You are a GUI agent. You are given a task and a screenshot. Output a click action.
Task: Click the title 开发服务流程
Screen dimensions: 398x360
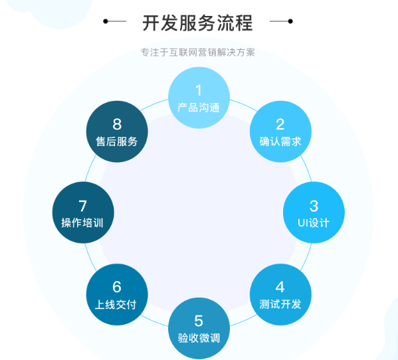(x=197, y=23)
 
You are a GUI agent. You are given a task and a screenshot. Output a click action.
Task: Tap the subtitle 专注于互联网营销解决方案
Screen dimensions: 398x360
(x=198, y=52)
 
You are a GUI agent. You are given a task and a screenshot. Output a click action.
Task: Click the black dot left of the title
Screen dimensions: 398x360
(x=106, y=21)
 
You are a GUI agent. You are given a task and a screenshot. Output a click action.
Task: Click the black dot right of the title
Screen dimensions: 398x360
(x=290, y=21)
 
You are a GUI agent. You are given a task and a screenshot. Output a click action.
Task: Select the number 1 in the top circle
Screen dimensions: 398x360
(x=199, y=90)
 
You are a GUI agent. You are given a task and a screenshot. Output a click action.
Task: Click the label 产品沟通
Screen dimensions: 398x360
(x=199, y=108)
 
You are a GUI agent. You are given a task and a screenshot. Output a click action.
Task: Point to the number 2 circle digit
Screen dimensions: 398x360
(x=280, y=124)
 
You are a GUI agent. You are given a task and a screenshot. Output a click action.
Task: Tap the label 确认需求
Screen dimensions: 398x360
(x=280, y=141)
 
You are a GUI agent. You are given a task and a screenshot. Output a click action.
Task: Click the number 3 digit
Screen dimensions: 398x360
(x=314, y=206)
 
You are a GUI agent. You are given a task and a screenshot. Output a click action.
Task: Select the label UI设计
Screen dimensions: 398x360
(x=314, y=223)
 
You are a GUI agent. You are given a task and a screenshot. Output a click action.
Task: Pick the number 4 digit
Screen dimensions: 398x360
(x=280, y=287)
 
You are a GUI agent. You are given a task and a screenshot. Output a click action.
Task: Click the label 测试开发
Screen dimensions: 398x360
(x=280, y=304)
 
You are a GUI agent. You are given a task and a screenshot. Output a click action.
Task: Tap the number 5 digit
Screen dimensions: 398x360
(x=199, y=321)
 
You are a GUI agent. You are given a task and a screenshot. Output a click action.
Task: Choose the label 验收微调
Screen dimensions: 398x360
(x=199, y=338)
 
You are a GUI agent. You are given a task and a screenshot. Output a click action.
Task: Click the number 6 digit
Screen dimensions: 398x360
(x=117, y=287)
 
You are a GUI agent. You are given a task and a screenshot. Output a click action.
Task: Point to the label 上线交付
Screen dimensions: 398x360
(x=116, y=304)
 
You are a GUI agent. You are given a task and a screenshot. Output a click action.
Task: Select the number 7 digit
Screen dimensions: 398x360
(x=83, y=206)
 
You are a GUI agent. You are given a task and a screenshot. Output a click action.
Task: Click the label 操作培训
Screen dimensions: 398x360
(x=82, y=223)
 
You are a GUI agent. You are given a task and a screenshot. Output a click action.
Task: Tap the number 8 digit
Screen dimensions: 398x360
(x=117, y=124)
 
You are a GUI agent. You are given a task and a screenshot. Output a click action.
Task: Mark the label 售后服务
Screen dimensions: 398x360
(x=117, y=141)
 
